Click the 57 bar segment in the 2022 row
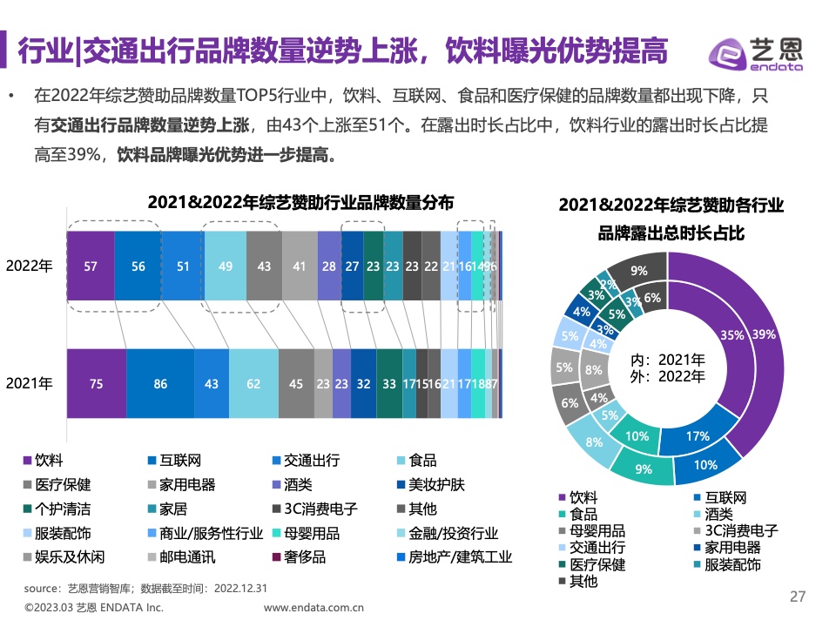(91, 267)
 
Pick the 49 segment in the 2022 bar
(225, 267)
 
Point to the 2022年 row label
(30, 267)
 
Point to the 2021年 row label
(30, 382)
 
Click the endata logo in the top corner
(756, 54)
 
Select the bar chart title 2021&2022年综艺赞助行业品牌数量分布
(300, 202)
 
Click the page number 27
(798, 597)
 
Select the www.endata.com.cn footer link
(313, 608)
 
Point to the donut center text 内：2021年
(668, 360)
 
